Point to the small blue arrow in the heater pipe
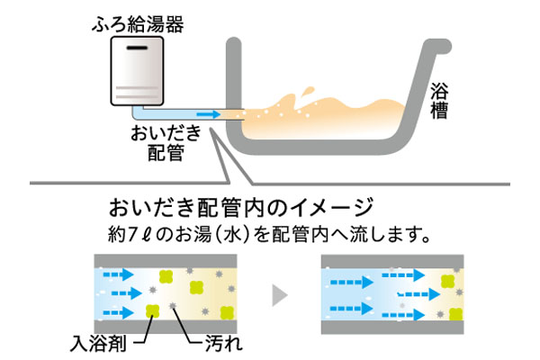click(x=208, y=114)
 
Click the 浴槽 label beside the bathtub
click(x=438, y=102)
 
